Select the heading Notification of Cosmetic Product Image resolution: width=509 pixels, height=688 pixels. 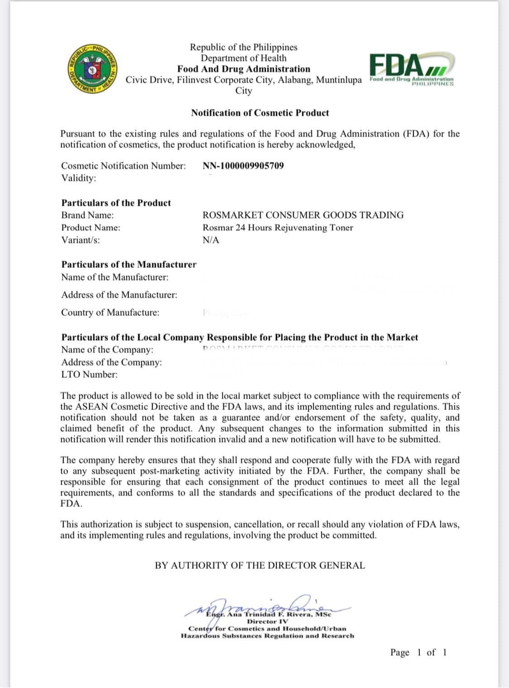[260, 113]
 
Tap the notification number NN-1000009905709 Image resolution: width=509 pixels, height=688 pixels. [243, 166]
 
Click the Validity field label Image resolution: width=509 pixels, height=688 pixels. [79, 178]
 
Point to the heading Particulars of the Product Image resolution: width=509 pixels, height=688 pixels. [116, 203]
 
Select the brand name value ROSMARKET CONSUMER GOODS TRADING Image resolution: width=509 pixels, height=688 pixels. [303, 215]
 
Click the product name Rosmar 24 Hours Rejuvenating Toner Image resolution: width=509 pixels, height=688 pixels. [278, 228]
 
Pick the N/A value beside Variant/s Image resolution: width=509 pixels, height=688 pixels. [211, 240]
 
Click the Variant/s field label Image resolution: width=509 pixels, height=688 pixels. [81, 240]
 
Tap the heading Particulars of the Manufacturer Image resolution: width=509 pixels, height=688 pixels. [129, 264]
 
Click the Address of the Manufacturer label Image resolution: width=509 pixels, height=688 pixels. [119, 295]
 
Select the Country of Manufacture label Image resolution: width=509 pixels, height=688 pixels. [110, 312]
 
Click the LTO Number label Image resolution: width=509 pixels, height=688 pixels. [89, 374]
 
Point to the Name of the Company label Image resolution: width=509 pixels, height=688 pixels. [107, 349]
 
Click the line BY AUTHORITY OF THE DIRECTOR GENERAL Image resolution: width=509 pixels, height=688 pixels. [260, 565]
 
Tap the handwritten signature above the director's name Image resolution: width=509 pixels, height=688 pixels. [267, 604]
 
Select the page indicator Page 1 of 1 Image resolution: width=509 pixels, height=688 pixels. [419, 652]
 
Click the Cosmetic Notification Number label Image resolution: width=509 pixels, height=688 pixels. [124, 166]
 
